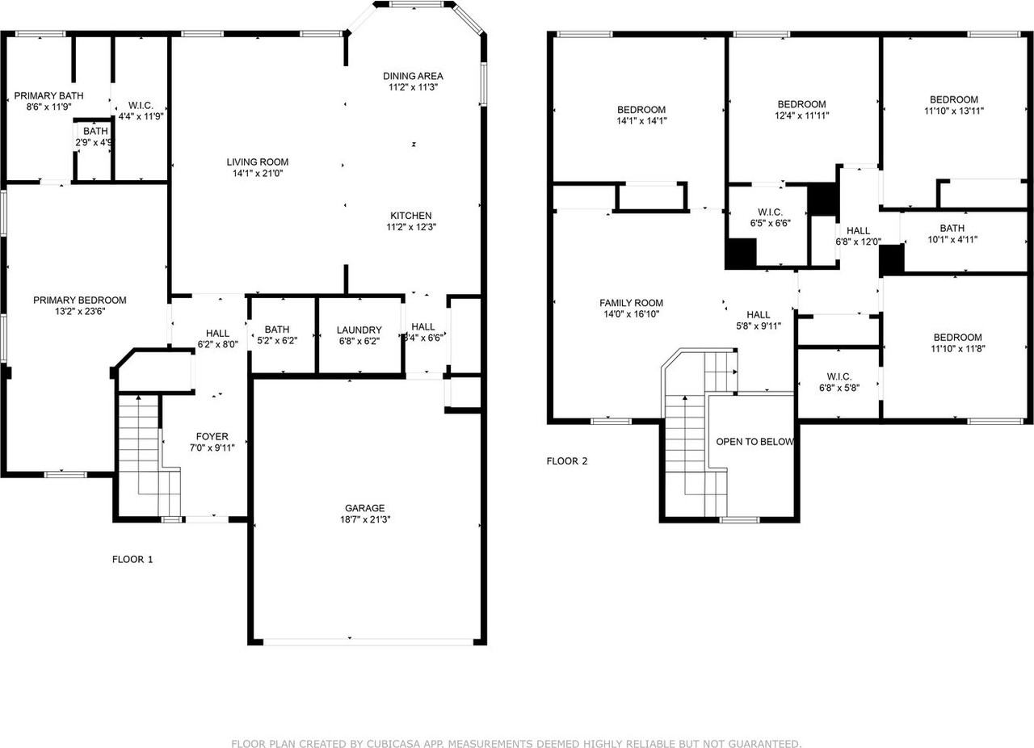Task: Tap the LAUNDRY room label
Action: pos(359,330)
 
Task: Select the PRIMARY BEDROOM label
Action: pos(79,300)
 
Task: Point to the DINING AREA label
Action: pos(413,76)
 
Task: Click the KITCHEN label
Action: pos(410,216)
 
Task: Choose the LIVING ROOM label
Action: pos(258,162)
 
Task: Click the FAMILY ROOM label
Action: pos(631,303)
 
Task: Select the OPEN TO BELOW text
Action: pos(754,442)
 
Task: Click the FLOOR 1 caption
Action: pos(132,559)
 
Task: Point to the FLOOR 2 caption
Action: pos(567,461)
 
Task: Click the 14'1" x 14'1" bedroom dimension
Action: pos(641,120)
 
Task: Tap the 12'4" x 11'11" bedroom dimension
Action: pos(801,115)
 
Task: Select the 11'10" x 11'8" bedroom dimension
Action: pos(957,349)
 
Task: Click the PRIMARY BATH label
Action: pos(48,95)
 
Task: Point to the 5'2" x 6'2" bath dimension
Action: pos(277,340)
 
